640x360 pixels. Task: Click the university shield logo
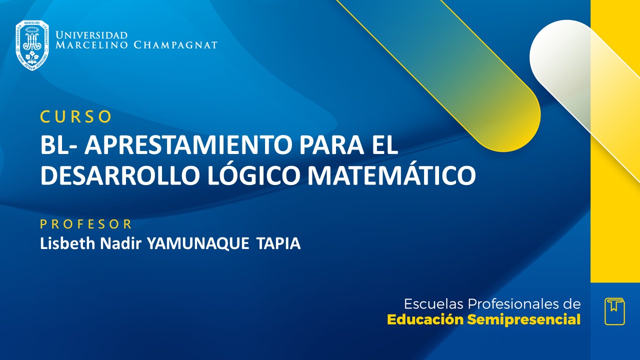pyautogui.click(x=32, y=45)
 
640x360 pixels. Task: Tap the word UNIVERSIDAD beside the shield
pyautogui.click(x=91, y=35)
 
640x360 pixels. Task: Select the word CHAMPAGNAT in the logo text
pyautogui.click(x=175, y=45)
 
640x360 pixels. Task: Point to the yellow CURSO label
pyautogui.click(x=75, y=116)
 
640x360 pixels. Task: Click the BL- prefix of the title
pyautogui.click(x=59, y=145)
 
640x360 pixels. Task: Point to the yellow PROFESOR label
pyautogui.click(x=85, y=223)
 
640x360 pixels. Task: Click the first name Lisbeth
pyautogui.click(x=64, y=243)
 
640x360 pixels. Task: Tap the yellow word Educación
pyautogui.click(x=425, y=320)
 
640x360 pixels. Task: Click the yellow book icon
pyautogui.click(x=614, y=311)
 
